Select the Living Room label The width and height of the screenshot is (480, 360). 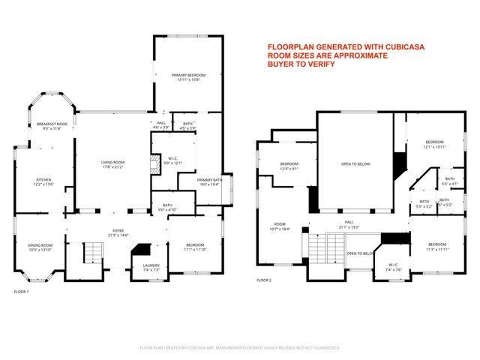113,164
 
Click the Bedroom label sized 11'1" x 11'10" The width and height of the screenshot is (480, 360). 195,247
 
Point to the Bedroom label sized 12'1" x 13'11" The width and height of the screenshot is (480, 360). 435,144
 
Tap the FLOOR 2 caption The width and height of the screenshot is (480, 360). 264,280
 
